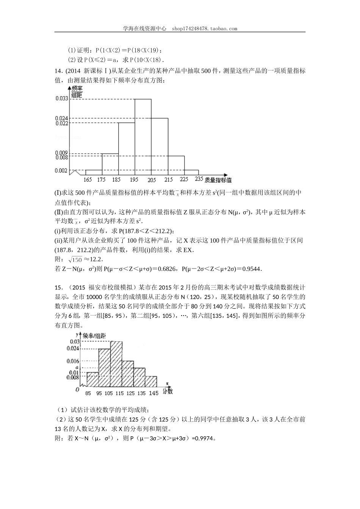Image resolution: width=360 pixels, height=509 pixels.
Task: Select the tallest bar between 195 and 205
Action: click(143, 136)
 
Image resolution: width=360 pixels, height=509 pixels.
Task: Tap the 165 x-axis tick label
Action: click(88, 179)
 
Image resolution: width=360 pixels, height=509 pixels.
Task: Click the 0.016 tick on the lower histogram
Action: click(72, 361)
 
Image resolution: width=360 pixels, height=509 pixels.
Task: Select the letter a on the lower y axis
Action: click(77, 367)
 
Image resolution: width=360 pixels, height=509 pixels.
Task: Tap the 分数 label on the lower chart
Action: click(168, 391)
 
